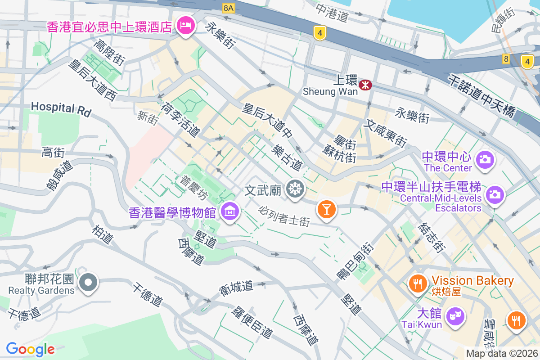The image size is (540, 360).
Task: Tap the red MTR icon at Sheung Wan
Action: (x=365, y=84)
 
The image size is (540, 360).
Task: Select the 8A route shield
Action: (x=229, y=8)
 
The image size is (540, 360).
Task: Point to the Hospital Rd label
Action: (x=61, y=108)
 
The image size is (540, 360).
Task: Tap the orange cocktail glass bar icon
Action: (x=327, y=209)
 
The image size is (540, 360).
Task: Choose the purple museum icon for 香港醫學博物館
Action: (x=230, y=210)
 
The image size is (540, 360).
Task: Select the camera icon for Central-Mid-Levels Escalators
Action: (x=494, y=194)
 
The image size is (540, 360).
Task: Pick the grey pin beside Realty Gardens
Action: (x=88, y=283)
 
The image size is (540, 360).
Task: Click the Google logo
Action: (x=31, y=349)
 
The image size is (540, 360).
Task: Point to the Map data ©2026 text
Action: (x=501, y=353)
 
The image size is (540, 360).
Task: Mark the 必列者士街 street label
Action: (x=284, y=216)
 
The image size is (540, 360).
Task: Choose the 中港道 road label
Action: (x=332, y=13)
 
